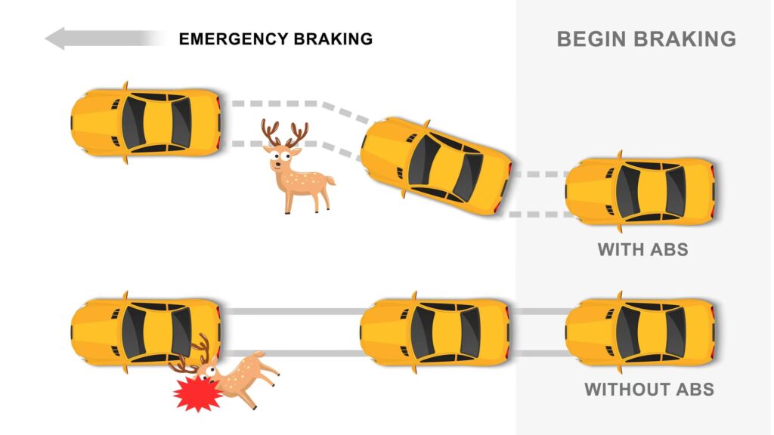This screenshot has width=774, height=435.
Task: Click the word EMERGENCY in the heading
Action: coord(234,39)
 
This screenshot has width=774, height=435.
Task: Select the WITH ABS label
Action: coord(642,249)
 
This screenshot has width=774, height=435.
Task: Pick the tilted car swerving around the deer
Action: coord(435,165)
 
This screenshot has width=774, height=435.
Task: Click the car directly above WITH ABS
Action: coord(641,191)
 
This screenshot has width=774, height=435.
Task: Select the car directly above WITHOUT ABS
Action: coord(641,332)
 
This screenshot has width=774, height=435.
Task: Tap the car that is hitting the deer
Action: coord(146,332)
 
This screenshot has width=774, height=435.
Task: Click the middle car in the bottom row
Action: coord(435,332)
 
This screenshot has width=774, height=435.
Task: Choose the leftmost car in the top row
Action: coord(146,122)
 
